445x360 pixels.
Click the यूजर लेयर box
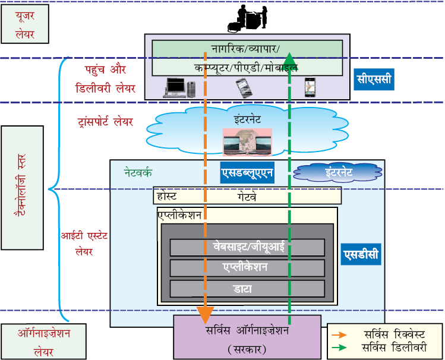pyautogui.click(x=25, y=24)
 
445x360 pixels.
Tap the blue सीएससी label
pyautogui.click(x=374, y=79)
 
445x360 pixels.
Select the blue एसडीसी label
pyautogui.click(x=361, y=254)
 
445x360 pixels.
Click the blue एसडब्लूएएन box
pyautogui.click(x=247, y=172)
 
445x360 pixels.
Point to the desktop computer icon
pyautogui.click(x=179, y=88)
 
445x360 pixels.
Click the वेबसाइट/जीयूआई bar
pyautogui.click(x=247, y=247)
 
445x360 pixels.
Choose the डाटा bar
pyautogui.click(x=247, y=289)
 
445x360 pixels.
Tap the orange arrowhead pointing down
pyautogui.click(x=205, y=315)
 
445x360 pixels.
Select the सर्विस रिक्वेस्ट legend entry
pyautogui.click(x=378, y=334)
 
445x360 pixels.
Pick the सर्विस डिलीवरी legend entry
pyautogui.click(x=379, y=348)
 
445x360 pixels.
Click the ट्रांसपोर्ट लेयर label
pyautogui.click(x=105, y=122)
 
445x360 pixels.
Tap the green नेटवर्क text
pyautogui.click(x=138, y=172)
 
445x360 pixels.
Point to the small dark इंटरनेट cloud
pyautogui.click(x=337, y=172)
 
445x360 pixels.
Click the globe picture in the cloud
pyautogui.click(x=247, y=143)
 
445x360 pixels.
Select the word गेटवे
pyautogui.click(x=247, y=197)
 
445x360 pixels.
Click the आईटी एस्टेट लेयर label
pyautogui.click(x=84, y=244)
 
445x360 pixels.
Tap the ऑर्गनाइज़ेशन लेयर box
pyautogui.click(x=44, y=342)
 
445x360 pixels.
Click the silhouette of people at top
pyautogui.click(x=248, y=19)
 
